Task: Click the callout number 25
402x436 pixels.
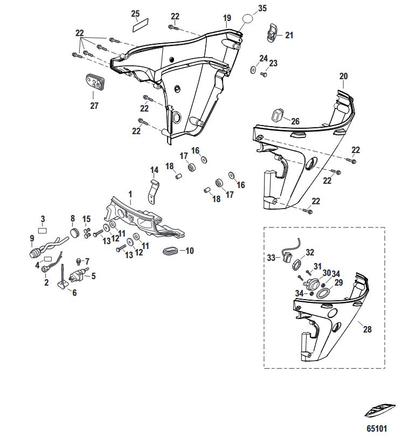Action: (135, 13)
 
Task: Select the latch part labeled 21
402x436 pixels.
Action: (273, 33)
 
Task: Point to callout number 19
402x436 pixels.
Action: (227, 18)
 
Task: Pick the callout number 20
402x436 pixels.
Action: (344, 76)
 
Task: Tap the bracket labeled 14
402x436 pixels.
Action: (154, 192)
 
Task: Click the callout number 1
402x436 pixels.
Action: (130, 193)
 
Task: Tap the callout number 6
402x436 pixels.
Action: (74, 293)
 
